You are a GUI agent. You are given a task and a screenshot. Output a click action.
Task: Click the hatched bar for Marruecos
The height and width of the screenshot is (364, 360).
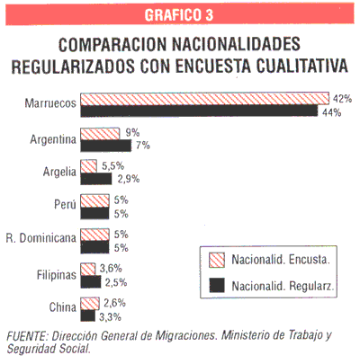coord(205,99)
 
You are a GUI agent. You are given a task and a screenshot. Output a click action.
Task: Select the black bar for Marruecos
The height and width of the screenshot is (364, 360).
coord(199,111)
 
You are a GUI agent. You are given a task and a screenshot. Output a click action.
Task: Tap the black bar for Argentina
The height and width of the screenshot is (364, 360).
coord(106,146)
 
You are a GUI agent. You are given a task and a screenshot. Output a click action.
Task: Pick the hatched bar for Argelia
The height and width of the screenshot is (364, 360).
coord(88,166)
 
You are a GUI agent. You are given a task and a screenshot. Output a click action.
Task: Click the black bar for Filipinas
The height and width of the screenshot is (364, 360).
coord(91,281)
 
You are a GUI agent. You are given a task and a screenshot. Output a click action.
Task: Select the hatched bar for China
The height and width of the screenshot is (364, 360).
coord(90,304)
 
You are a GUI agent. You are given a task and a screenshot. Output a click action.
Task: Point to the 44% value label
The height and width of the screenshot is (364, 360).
coord(331,112)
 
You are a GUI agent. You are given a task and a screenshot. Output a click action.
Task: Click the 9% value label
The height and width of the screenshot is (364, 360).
coord(132,132)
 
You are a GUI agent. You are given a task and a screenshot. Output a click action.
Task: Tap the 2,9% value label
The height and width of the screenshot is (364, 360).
coord(129,179)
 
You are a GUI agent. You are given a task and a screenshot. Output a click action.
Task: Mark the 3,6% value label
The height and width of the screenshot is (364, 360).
coord(111,269)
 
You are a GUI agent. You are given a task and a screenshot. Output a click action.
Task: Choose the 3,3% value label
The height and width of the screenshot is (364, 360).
coord(110,316)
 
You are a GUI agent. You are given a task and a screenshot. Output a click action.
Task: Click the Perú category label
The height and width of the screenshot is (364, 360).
coord(65,204)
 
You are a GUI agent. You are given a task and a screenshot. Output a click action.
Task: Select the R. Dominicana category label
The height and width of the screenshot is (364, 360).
coord(41,238)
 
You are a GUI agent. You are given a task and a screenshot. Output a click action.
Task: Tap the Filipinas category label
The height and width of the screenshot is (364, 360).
coord(57,275)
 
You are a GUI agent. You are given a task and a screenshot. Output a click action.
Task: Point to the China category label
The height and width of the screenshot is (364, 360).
coord(63,307)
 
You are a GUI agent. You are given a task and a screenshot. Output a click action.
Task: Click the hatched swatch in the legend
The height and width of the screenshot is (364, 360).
coord(217,260)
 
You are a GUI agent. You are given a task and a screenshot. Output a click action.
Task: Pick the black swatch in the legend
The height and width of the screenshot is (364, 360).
coord(217,285)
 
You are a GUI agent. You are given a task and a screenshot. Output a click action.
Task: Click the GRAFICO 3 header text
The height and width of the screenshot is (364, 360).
coord(179,14)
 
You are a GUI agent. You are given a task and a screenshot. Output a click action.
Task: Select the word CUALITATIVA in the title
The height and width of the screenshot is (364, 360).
coord(302,66)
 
